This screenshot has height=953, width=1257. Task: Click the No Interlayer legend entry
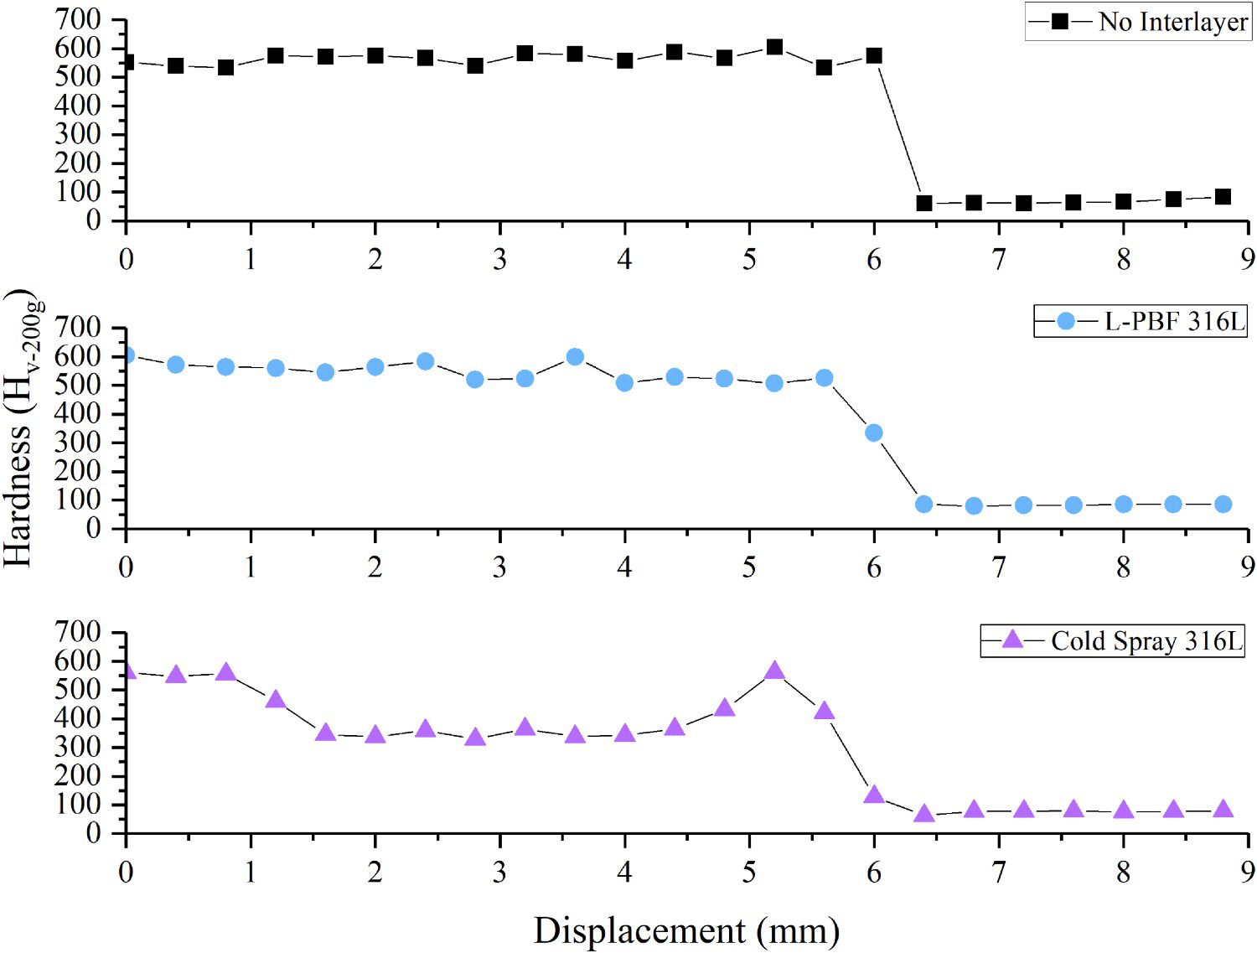[x=1138, y=23]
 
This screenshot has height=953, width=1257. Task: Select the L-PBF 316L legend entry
[x=1141, y=321]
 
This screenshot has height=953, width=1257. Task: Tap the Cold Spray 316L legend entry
[x=1112, y=640]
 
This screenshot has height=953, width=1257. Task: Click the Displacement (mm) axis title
[x=686, y=930]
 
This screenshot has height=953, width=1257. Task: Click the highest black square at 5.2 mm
[x=774, y=47]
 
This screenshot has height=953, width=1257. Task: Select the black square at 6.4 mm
[x=923, y=204]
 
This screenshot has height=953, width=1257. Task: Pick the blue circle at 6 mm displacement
[x=874, y=432]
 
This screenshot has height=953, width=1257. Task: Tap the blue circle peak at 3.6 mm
[x=575, y=357]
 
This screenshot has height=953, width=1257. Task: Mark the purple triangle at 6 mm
[x=874, y=795]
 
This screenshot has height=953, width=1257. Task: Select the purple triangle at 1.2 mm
[x=276, y=700]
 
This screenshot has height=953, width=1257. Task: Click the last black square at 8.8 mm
[x=1223, y=197]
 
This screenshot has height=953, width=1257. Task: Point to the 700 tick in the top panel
[x=78, y=20]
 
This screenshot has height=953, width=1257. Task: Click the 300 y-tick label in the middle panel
[x=78, y=443]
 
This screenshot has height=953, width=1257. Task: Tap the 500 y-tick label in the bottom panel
[x=78, y=690]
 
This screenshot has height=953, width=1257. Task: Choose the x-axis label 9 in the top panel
[x=1247, y=260]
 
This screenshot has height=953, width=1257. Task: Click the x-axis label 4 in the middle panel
[x=624, y=567]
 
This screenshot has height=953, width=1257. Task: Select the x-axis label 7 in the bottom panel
[x=999, y=872]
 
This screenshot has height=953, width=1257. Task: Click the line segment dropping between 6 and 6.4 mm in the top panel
[x=899, y=129]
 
